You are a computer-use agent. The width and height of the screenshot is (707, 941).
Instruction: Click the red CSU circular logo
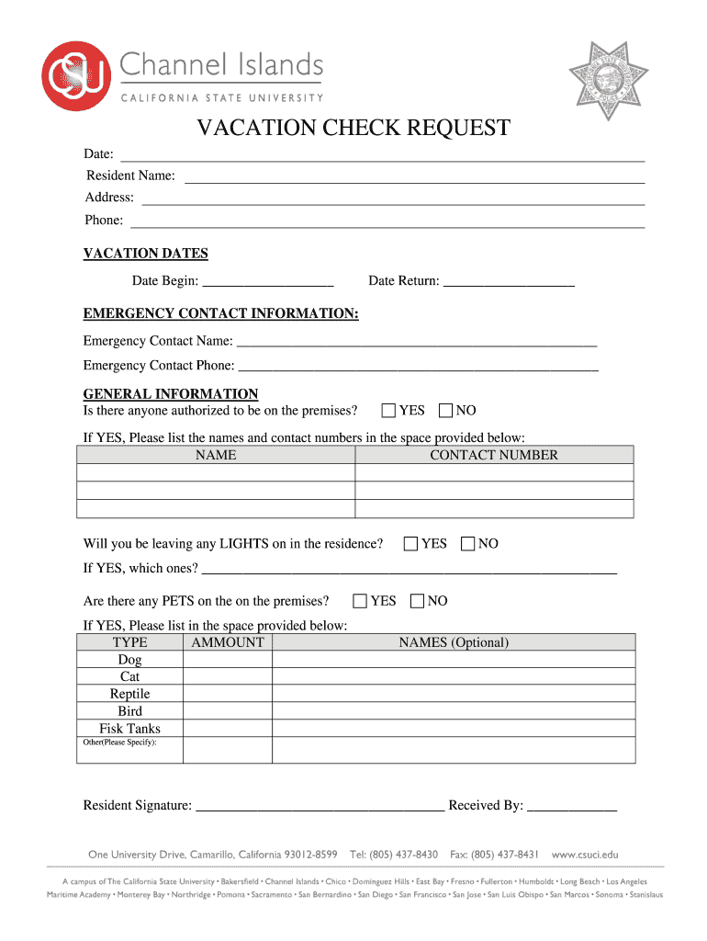click(x=76, y=75)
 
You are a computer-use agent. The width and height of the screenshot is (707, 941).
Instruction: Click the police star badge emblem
click(x=607, y=82)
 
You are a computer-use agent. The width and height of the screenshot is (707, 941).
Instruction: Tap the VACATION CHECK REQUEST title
click(x=353, y=129)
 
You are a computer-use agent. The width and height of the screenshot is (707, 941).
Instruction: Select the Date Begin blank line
click(x=267, y=282)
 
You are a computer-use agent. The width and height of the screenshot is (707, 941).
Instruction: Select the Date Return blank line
click(x=509, y=282)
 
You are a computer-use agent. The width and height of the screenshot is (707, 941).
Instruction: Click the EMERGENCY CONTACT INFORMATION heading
click(x=220, y=314)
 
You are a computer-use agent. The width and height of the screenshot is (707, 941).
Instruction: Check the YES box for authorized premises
click(x=388, y=411)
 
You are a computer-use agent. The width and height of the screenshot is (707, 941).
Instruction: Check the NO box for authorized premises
click(x=446, y=411)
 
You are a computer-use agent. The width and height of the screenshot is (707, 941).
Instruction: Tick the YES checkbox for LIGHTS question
click(x=410, y=544)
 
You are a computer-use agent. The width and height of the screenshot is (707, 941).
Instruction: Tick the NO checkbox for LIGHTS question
click(x=468, y=544)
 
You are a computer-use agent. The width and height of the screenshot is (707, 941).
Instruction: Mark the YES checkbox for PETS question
click(x=360, y=601)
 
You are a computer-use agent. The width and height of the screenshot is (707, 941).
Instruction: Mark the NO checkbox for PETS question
click(x=417, y=601)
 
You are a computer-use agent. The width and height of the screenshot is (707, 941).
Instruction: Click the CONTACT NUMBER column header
click(x=493, y=455)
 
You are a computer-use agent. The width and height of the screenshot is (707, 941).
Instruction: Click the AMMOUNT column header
click(x=228, y=642)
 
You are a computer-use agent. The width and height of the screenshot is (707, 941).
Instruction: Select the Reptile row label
click(x=129, y=694)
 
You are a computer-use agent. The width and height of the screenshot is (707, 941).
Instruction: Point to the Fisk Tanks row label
click(x=129, y=729)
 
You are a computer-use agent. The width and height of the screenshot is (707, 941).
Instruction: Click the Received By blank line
click(x=571, y=808)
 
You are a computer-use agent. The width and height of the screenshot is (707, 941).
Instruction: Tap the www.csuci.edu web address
click(x=585, y=854)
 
